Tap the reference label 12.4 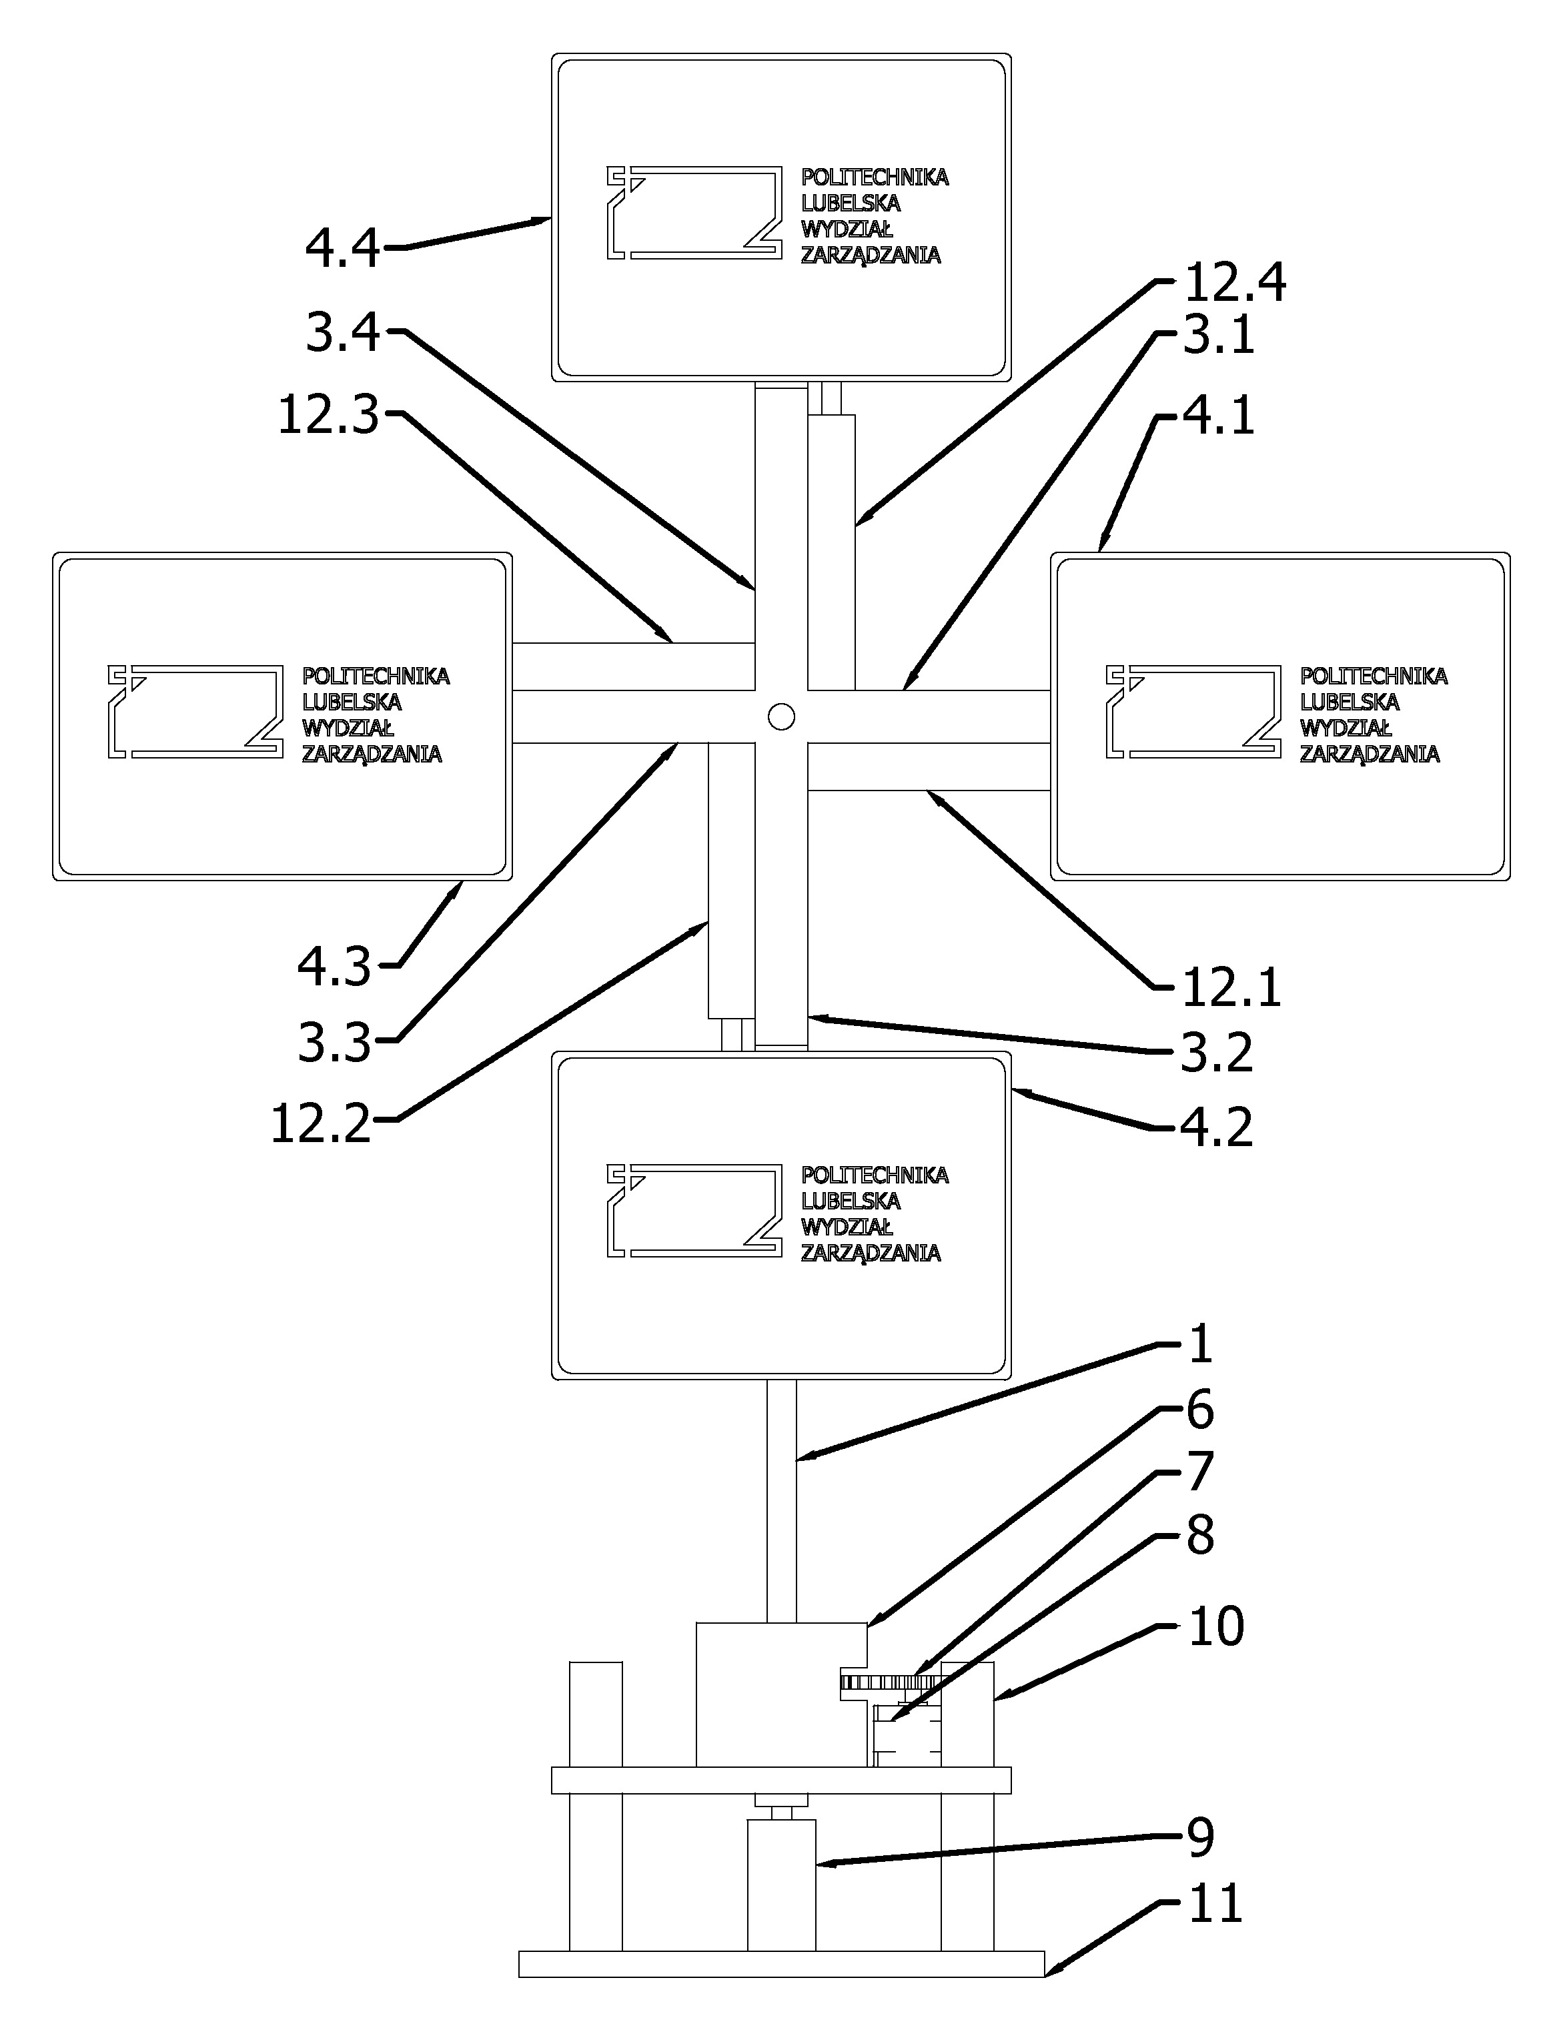(x=1235, y=283)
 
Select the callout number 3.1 (x=1219, y=336)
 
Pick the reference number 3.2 (x=1217, y=1053)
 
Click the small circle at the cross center (x=781, y=716)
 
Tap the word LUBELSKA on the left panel (x=352, y=701)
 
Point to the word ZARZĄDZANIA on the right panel (x=1370, y=753)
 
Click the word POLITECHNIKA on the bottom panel (x=875, y=1175)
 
